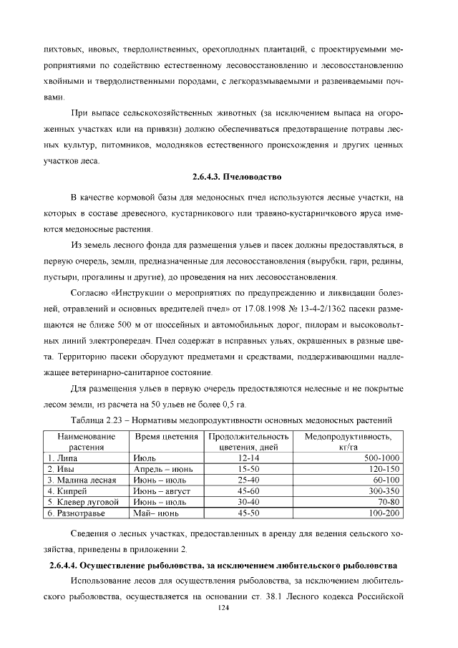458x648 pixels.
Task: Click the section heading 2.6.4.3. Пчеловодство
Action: tap(238, 176)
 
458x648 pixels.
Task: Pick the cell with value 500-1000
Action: tap(381, 458)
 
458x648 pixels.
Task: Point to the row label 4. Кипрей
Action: tap(67, 491)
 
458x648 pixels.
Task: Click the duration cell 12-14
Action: tap(248, 458)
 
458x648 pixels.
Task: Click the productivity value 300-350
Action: tap(383, 491)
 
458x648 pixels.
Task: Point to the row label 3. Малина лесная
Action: tap(81, 480)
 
